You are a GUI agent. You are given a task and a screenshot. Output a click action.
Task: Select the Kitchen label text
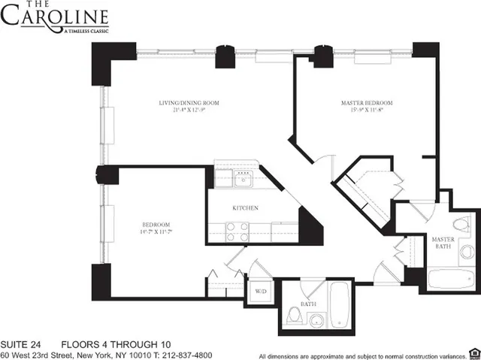pos(245,207)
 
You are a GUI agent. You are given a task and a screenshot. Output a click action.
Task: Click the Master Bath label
pos(443,244)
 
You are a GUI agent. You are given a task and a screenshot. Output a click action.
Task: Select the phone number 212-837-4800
pos(182,355)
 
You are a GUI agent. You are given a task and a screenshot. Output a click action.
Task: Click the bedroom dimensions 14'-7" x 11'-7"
pos(157,233)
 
